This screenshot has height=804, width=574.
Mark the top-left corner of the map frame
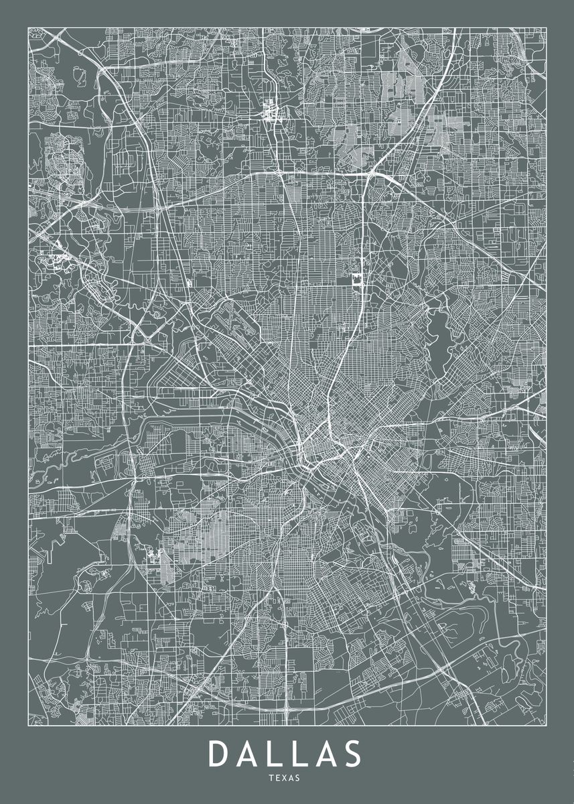pos(28,27)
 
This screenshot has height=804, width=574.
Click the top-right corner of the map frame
pos(546,27)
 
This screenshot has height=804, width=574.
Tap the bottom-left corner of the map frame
pos(28,725)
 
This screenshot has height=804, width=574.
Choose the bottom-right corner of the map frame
pos(546,725)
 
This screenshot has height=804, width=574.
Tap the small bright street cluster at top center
pos(272,109)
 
